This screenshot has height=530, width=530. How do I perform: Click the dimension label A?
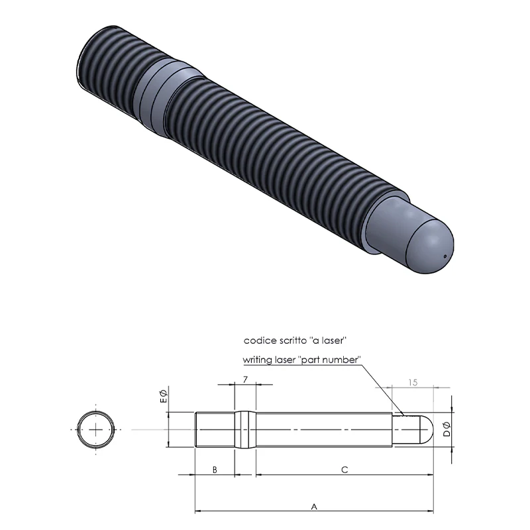(314, 507)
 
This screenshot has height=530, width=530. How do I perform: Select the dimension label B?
(215, 470)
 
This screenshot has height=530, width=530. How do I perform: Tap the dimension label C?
(344, 470)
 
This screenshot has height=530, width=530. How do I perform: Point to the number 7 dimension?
(245, 380)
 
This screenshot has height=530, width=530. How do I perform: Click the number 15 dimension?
(413, 383)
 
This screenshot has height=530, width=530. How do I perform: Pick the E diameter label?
(163, 396)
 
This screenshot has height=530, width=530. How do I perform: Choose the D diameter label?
(447, 429)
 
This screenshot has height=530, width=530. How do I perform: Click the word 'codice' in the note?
(260, 341)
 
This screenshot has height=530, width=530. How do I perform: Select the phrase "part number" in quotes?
(329, 360)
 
